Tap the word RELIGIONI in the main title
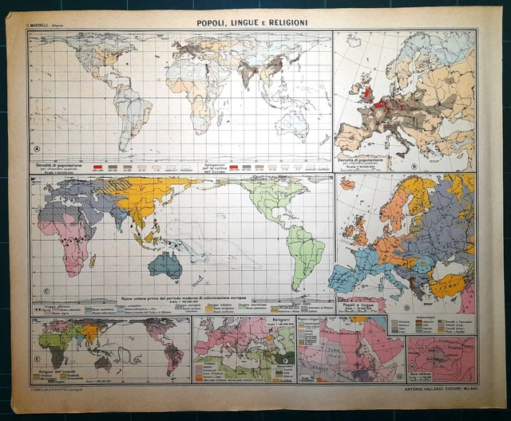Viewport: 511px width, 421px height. coord(283,24)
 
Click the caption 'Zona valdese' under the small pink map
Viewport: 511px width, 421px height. coord(422,374)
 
